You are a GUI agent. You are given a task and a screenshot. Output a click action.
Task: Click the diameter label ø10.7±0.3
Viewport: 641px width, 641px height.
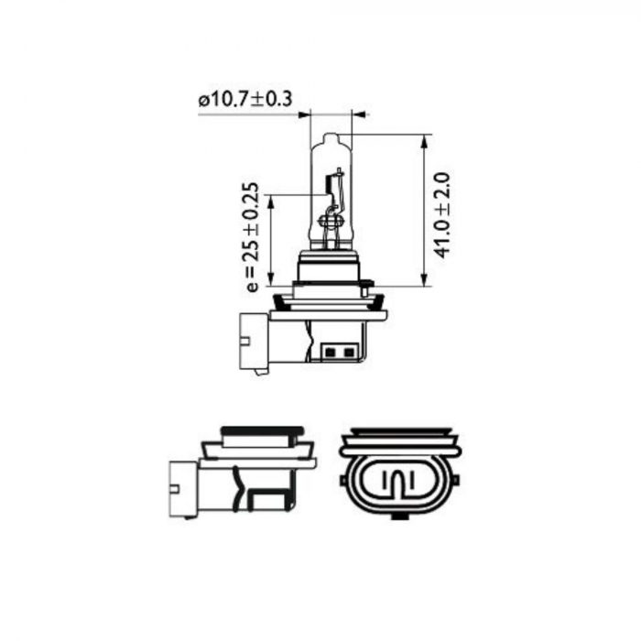244,100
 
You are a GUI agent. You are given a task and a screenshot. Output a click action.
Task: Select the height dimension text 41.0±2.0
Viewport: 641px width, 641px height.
442,212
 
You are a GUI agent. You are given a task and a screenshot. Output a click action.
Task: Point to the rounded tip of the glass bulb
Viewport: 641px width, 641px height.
331,137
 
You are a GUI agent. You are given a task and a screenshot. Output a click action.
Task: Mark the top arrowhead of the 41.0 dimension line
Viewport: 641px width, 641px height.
425,140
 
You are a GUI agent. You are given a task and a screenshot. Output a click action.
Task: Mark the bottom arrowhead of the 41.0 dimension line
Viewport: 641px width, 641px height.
425,281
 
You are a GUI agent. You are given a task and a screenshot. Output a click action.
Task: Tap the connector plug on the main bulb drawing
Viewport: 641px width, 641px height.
254,342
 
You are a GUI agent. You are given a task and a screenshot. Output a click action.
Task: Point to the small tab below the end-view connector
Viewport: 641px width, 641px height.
397,514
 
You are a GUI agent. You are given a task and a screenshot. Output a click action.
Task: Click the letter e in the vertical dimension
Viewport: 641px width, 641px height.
254,287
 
